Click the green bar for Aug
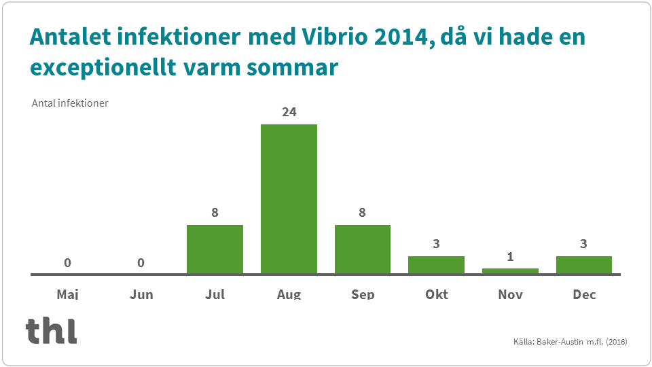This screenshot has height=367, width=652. pos(289,199)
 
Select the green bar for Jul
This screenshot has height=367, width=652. pos(215,249)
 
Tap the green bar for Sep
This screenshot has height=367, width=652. pos(362,249)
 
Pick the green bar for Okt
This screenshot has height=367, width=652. pos(436,265)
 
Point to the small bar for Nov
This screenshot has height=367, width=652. pos(510,270)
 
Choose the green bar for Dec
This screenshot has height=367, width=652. pos(583,265)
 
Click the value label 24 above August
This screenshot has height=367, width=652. pos(289,112)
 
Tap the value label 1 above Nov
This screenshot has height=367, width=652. pos(510,256)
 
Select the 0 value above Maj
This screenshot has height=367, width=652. pos(67,262)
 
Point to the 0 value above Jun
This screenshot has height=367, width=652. pos(141,262)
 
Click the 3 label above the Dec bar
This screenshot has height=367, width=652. pos(583,243)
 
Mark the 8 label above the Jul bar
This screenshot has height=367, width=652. pos(215,212)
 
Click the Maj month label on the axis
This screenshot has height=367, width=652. pos(67,294)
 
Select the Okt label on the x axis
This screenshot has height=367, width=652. pos(436,294)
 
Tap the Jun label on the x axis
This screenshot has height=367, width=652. pos(141,294)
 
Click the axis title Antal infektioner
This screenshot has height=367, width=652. pos(70,103)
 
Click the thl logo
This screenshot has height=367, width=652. pos(51,330)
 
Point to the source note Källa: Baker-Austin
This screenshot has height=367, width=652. pos(569,341)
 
